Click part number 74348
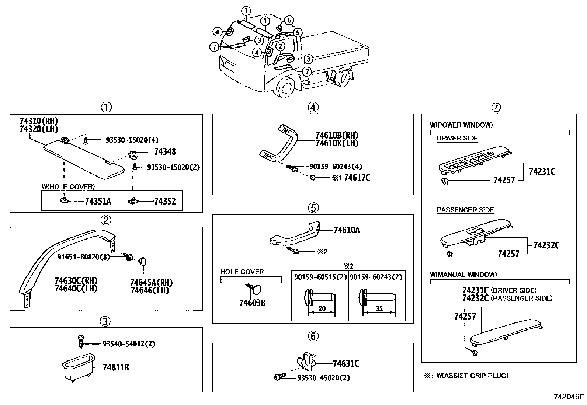coord(165,151)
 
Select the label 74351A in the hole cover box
coord(98,201)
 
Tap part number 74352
coord(165,201)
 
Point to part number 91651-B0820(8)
coord(84,257)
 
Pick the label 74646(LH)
coord(150,290)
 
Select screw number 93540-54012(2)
coord(129,344)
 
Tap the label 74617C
coord(357,178)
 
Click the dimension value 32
coord(379,309)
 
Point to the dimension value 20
coord(322,309)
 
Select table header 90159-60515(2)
coord(320,277)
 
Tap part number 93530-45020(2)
coord(323,378)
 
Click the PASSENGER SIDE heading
coord(465,210)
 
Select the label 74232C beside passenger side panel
coord(546,245)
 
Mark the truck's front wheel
coord(286,88)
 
